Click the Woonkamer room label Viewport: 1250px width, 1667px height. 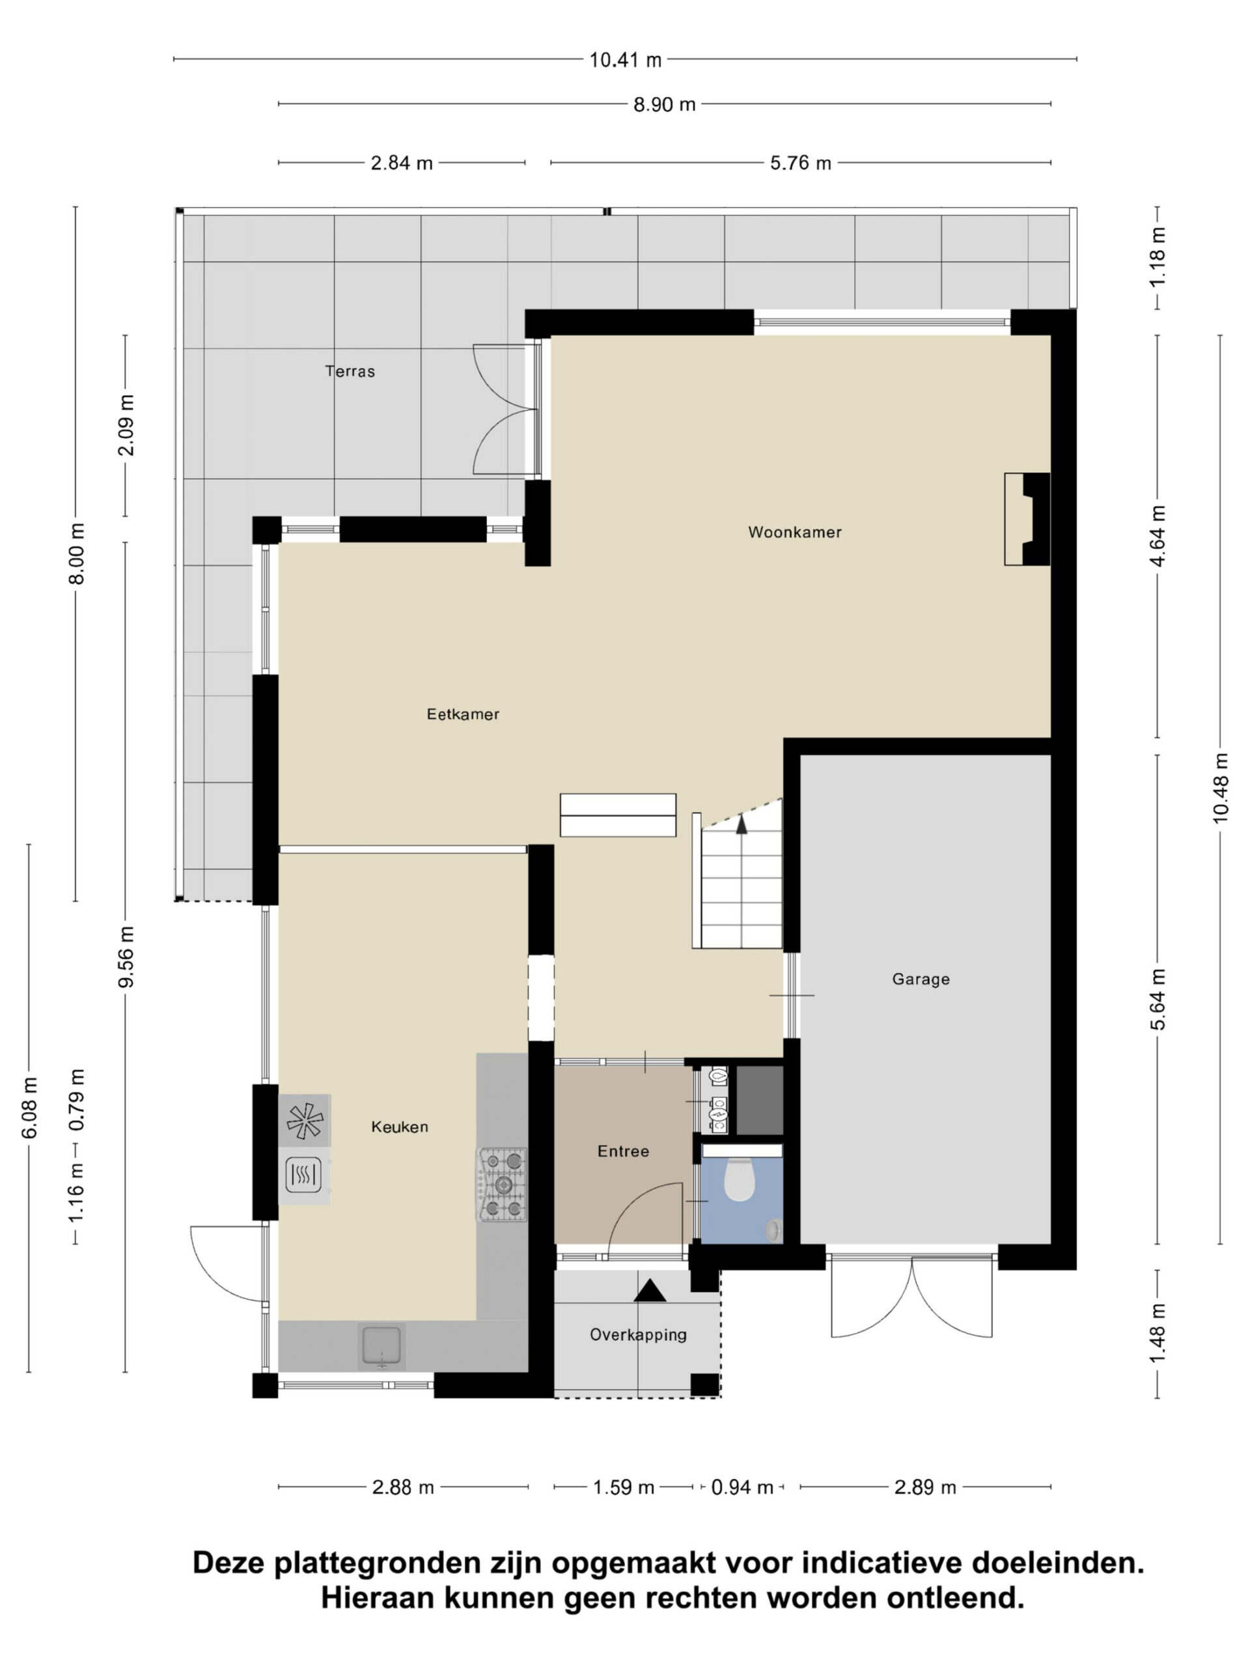pyautogui.click(x=794, y=532)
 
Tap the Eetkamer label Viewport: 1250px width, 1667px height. pyautogui.click(x=463, y=714)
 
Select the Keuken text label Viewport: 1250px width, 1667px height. pyautogui.click(x=399, y=1127)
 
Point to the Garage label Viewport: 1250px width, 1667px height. pyautogui.click(x=921, y=979)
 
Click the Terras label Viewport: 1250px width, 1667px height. pyautogui.click(x=350, y=371)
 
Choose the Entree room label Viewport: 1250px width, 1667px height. pyautogui.click(x=623, y=1151)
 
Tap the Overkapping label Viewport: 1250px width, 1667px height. pyautogui.click(x=638, y=1335)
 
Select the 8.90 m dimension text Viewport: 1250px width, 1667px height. pyautogui.click(x=664, y=104)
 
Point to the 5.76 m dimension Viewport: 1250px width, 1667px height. pyautogui.click(x=800, y=163)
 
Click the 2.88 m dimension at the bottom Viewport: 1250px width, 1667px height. pyautogui.click(x=403, y=1487)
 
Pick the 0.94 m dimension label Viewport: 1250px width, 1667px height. pyautogui.click(x=742, y=1487)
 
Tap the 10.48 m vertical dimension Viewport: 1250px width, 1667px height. pyautogui.click(x=1221, y=787)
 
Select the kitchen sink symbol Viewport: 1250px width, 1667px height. pyautogui.click(x=383, y=1347)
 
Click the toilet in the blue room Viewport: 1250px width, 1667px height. pyautogui.click(x=739, y=1179)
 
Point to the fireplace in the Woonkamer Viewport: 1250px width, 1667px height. pyautogui.click(x=1027, y=519)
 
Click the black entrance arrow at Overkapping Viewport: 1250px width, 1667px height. pyautogui.click(x=650, y=1290)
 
